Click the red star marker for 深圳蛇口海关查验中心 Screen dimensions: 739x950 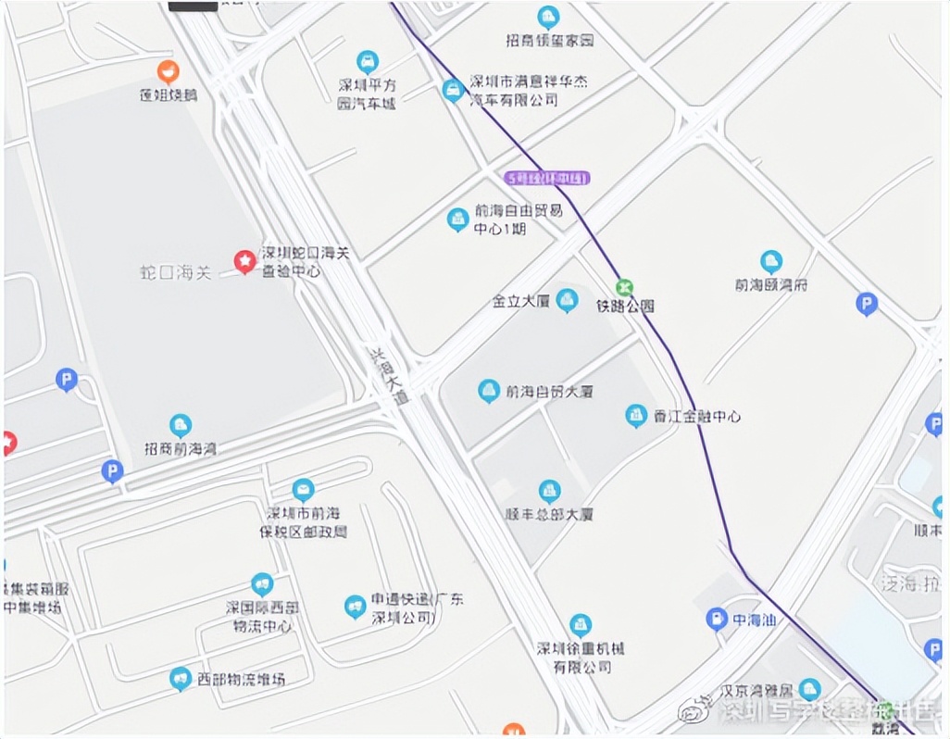tap(244, 263)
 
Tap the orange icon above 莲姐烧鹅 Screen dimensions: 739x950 tap(168, 69)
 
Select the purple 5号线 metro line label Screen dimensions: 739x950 tap(547, 178)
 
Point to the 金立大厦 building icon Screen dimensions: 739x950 tap(567, 300)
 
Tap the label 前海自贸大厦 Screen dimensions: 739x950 tap(549, 392)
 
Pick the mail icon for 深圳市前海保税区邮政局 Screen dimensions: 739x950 tap(303, 490)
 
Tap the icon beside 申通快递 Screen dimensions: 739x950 tap(355, 607)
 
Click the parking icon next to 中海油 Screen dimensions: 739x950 tap(716, 619)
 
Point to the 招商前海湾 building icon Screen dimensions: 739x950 tap(181, 426)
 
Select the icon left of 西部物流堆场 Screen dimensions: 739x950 tap(181, 679)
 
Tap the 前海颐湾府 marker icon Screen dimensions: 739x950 tap(771, 262)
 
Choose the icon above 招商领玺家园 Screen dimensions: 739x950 tap(549, 18)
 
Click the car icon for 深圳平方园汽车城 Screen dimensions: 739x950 tap(368, 62)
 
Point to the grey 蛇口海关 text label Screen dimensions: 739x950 tap(176, 272)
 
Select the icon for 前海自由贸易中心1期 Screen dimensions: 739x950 tap(457, 219)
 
